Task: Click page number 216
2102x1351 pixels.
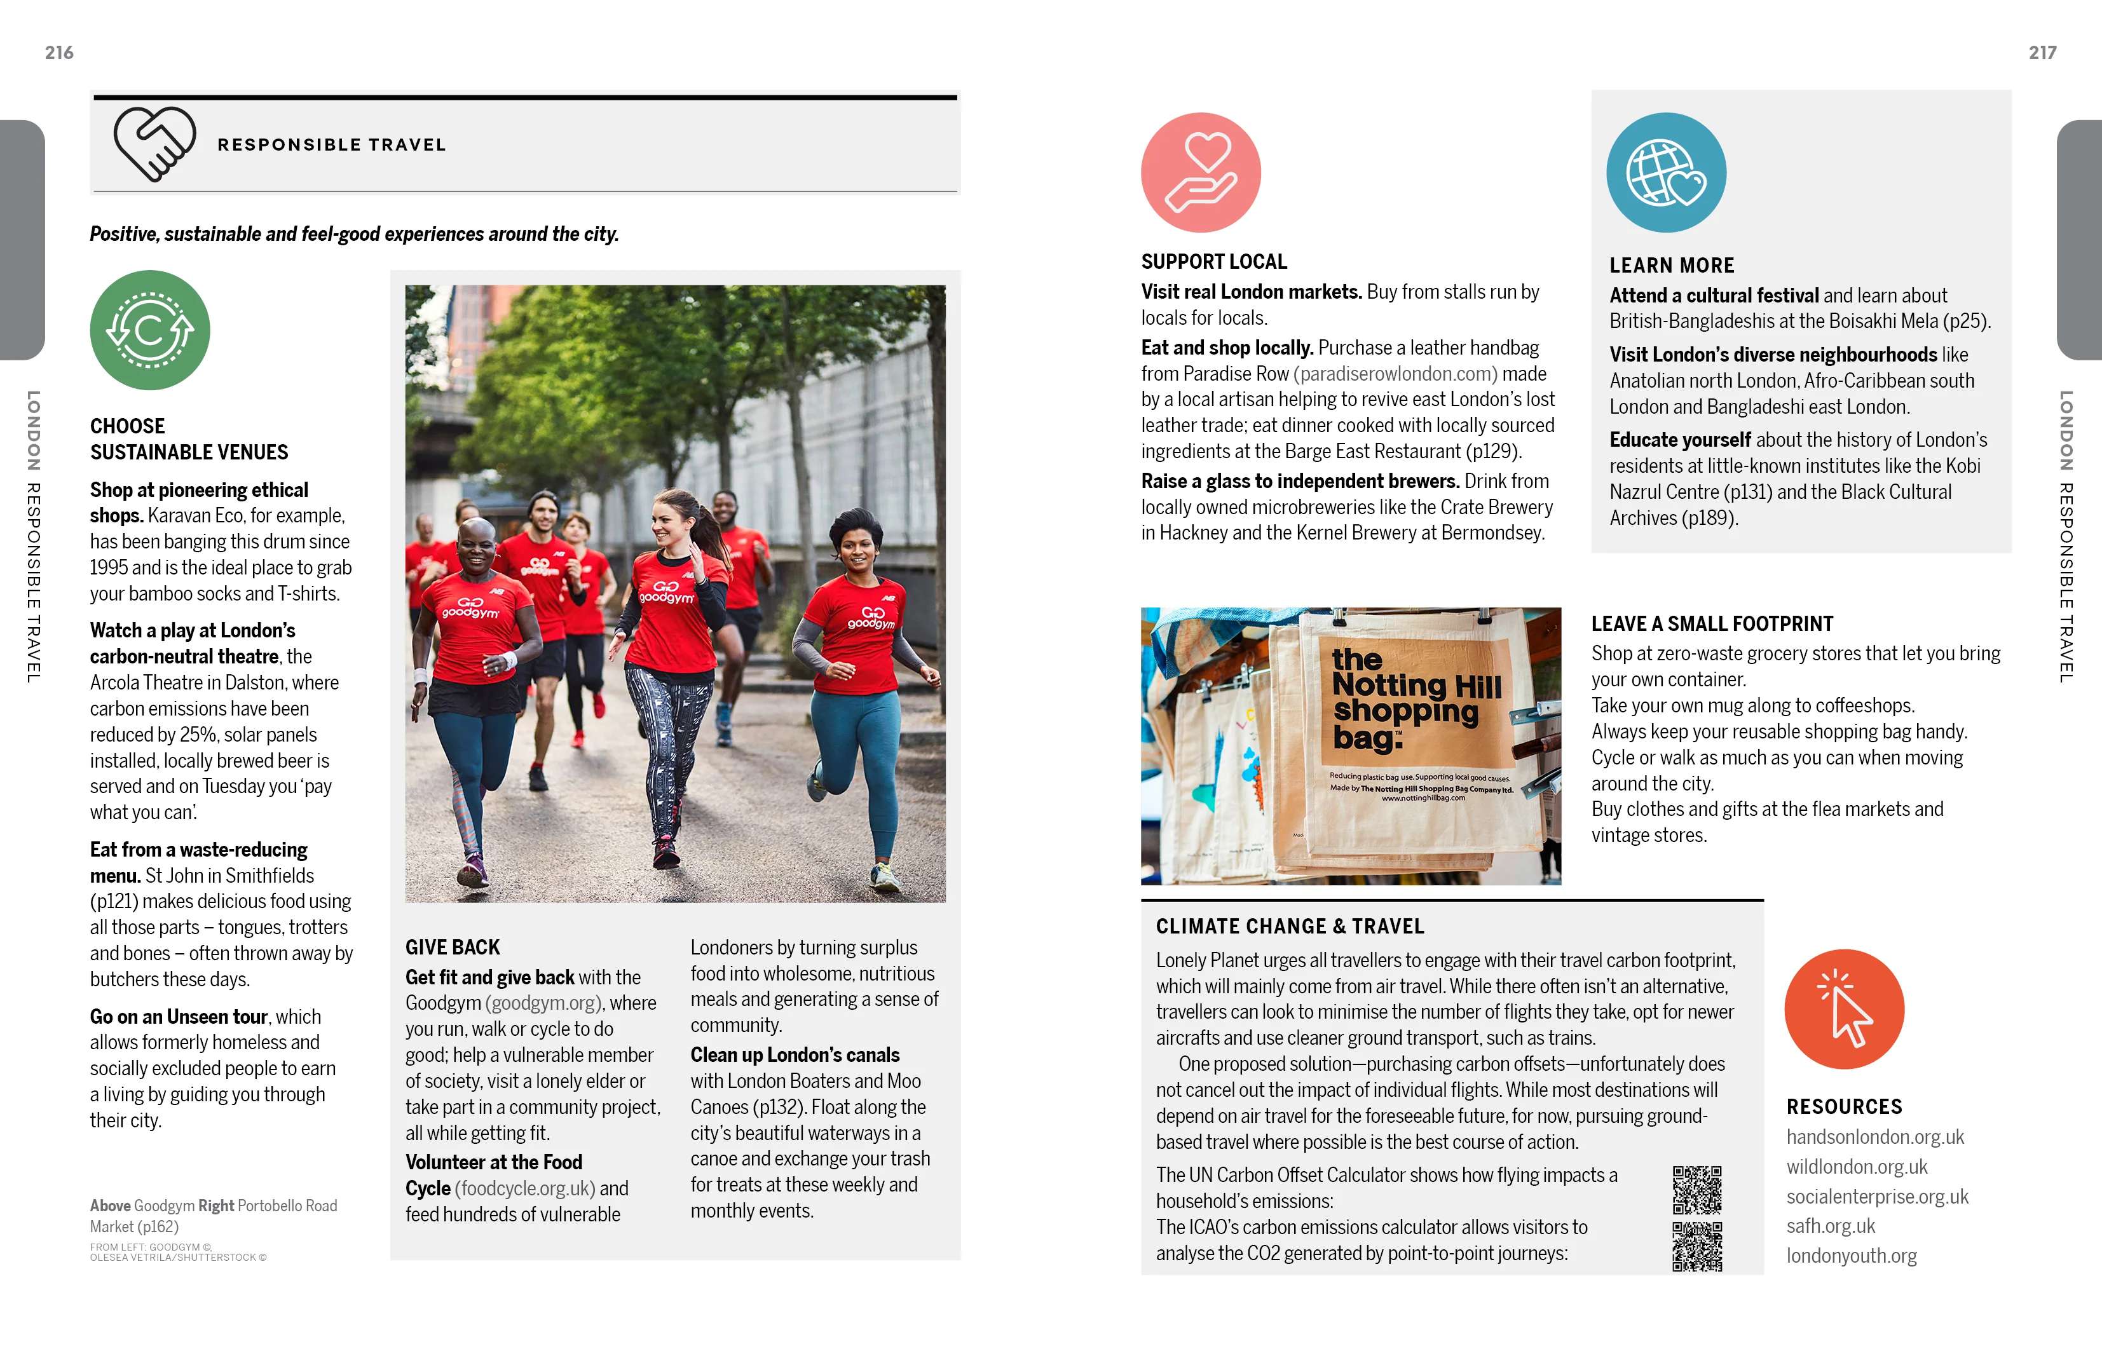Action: tap(58, 53)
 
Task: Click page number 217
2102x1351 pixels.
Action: tap(2042, 53)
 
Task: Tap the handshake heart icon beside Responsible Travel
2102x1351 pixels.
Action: tap(154, 144)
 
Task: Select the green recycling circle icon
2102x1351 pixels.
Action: tap(150, 330)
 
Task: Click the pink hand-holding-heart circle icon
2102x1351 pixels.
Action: tap(1200, 172)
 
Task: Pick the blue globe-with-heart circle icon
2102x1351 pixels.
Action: tap(1665, 172)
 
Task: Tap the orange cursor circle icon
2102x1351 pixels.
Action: tap(1843, 1009)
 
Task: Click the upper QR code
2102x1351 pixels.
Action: tap(1696, 1190)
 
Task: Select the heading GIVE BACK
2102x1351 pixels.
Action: tap(452, 947)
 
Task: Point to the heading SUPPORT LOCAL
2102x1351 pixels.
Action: tap(1213, 261)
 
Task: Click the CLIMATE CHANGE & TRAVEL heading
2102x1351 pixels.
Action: tap(1289, 927)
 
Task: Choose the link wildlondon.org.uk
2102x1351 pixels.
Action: tap(1857, 1167)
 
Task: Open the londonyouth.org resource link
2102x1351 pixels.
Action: tap(1851, 1256)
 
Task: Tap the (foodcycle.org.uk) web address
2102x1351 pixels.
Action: tap(524, 1189)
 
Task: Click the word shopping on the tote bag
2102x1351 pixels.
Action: tap(1405, 710)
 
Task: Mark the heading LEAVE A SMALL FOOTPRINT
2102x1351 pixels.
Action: tap(1712, 624)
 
